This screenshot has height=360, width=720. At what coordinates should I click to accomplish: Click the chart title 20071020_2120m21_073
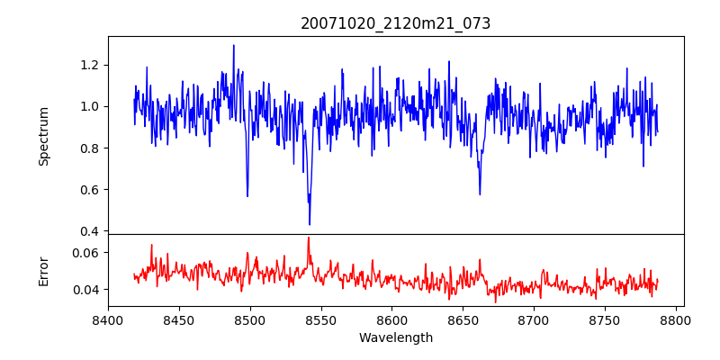395,24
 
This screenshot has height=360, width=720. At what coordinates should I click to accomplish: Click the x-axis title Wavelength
395,337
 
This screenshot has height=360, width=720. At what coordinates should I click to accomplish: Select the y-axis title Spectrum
43,136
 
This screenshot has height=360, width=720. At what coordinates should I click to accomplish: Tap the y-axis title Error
43,271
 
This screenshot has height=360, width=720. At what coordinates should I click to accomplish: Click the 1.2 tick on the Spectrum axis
90,65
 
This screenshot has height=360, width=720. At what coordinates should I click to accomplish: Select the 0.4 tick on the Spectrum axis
90,231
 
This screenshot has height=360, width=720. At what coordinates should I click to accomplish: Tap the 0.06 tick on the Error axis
86,253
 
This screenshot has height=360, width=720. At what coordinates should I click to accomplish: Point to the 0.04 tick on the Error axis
86,290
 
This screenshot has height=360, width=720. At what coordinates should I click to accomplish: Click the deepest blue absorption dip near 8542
310,224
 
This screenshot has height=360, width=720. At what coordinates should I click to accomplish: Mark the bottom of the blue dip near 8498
247,196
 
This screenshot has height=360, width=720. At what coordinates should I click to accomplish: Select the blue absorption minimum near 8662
480,193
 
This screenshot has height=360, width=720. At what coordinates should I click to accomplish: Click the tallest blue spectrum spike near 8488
234,45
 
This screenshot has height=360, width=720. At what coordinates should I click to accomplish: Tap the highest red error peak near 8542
309,238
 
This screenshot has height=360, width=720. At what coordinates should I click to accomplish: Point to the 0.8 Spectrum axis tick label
90,148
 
